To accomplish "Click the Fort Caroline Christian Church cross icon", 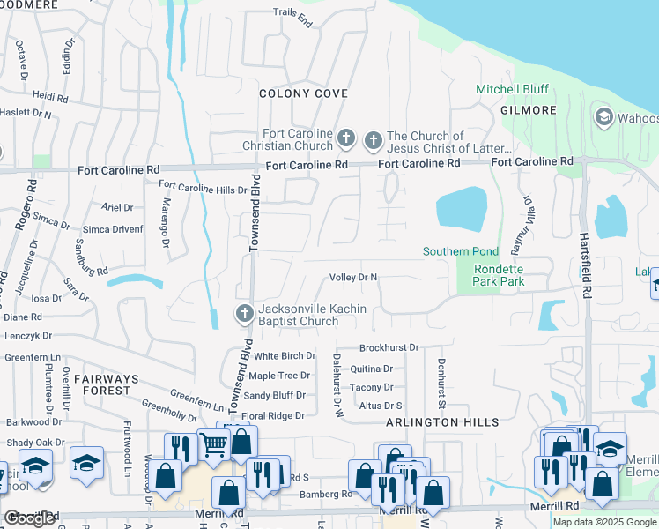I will (x=346, y=138).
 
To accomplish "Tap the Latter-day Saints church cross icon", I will (x=373, y=138).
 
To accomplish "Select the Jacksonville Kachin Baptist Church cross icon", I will (x=244, y=313).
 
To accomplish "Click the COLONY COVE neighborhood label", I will (x=303, y=93).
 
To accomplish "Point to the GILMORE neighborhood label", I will (x=529, y=110).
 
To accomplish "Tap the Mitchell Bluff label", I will (x=512, y=89).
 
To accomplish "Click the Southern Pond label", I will (x=460, y=251).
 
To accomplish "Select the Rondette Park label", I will (x=499, y=275).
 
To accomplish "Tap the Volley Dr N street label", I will (x=353, y=277).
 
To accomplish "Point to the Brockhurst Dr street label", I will (x=389, y=348).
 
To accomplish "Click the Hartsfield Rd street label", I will (x=584, y=264).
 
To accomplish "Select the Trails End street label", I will (x=292, y=17).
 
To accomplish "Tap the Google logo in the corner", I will (x=30, y=518).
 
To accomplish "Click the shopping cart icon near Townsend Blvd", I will (x=213, y=444).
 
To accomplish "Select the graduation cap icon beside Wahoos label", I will (x=603, y=117).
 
